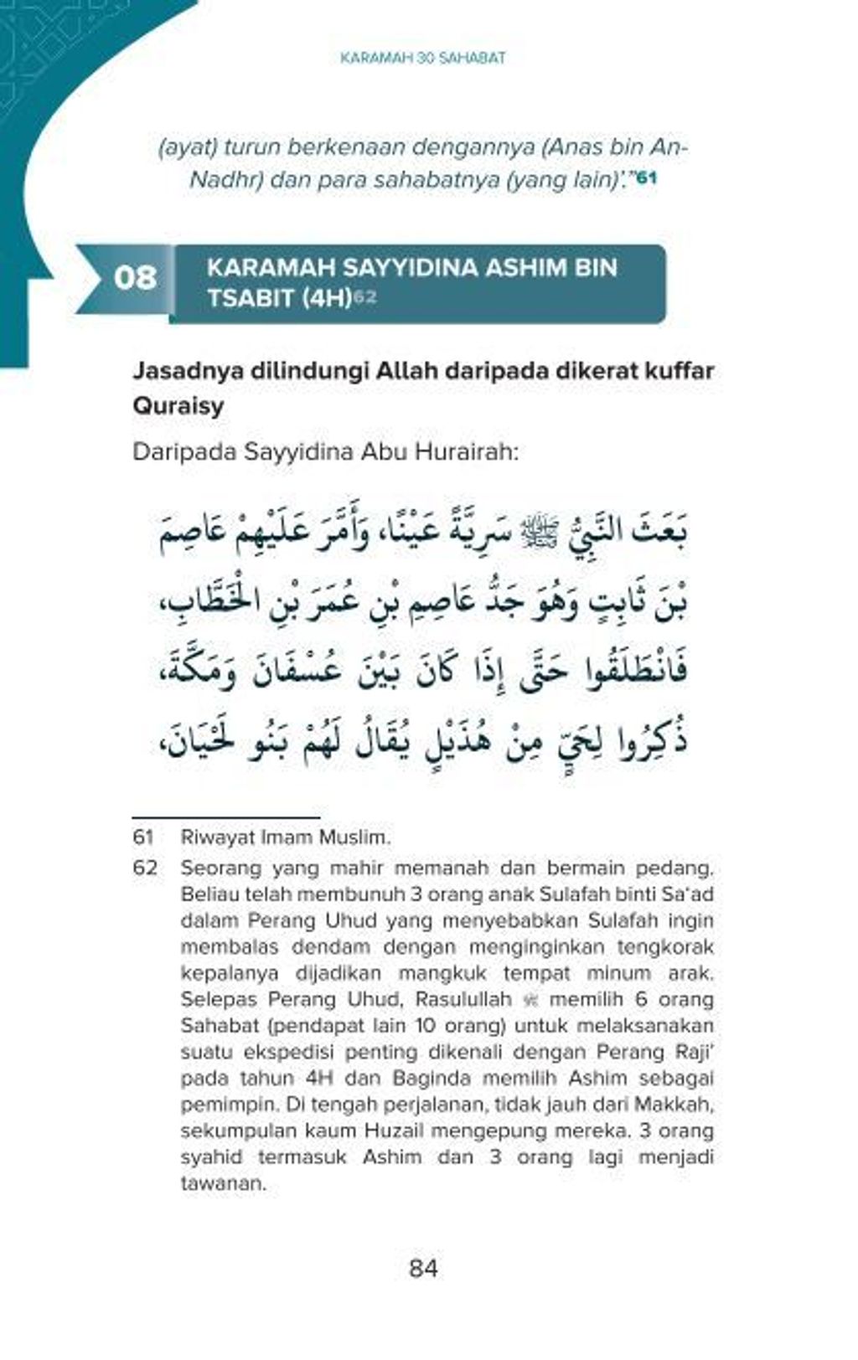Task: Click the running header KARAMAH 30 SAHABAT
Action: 423,59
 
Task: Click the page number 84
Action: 423,1268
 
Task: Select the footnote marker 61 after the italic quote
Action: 647,178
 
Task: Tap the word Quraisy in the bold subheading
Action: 178,406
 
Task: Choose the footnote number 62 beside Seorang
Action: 144,868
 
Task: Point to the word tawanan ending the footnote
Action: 223,1184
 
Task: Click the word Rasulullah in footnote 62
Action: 463,1000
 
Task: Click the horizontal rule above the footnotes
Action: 226,817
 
